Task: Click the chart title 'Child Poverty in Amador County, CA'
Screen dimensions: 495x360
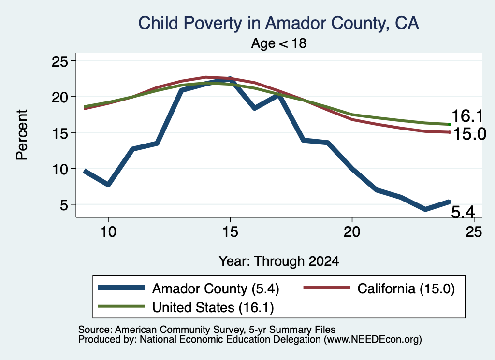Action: point(279,23)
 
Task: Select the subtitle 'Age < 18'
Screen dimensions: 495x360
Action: point(279,43)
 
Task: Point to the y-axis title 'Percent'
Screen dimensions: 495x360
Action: point(22,135)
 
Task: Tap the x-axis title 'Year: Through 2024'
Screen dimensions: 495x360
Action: point(279,261)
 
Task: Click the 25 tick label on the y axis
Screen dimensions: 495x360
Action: point(60,61)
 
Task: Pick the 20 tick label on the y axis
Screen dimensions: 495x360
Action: point(60,97)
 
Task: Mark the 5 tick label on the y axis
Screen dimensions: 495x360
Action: point(64,205)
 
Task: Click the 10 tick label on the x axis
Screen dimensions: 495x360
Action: point(108,232)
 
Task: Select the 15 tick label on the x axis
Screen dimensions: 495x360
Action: point(230,232)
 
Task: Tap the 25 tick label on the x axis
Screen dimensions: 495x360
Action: point(474,232)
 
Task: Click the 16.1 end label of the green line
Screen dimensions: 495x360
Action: point(467,116)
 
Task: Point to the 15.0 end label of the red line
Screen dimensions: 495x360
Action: point(469,134)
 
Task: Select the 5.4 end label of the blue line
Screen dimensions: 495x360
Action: point(463,212)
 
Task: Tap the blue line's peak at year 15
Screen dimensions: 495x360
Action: point(230,79)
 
